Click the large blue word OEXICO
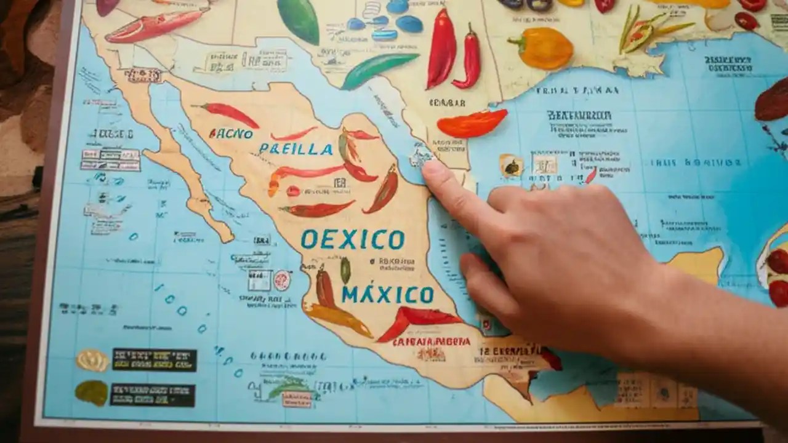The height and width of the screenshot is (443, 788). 352,239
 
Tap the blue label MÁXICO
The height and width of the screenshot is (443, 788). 388,294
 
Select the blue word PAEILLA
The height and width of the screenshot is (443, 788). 295,148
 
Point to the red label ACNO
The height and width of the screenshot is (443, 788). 231,133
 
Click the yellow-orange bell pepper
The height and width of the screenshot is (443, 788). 542,48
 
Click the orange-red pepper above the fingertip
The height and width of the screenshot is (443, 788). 472,123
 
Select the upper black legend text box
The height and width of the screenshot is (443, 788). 154,359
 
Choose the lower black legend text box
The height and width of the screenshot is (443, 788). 153,395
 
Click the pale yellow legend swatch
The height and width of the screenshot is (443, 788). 92,360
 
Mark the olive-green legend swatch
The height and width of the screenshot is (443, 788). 91,393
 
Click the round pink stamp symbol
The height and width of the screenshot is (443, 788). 282,280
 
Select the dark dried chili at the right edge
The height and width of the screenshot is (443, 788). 773,102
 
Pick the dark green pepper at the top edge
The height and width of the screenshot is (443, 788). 299,20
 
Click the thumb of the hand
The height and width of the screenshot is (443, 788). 486,280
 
